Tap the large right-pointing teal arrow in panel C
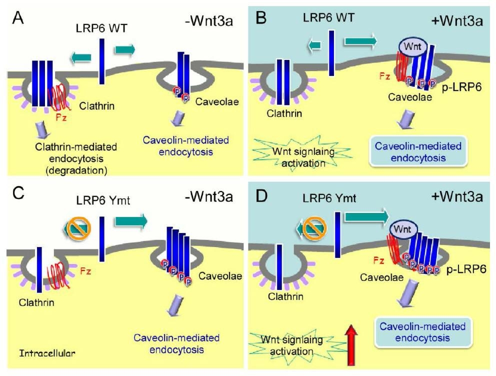click(x=131, y=220)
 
